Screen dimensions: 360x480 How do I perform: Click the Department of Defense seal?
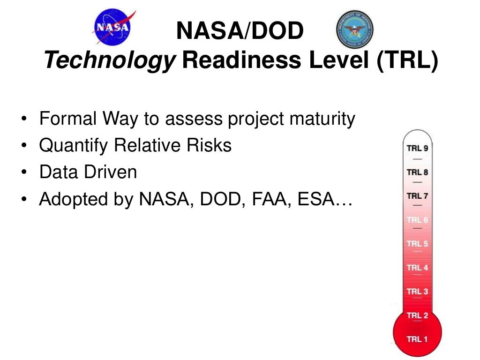[355, 29]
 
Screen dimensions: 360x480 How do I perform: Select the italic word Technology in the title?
[109, 61]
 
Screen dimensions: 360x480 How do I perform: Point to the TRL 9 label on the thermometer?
[417, 148]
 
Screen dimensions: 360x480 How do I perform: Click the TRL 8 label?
[417, 172]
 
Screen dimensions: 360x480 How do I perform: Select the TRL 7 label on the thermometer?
[417, 196]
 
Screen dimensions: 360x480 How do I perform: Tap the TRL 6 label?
[417, 220]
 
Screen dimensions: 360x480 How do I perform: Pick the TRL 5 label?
[417, 244]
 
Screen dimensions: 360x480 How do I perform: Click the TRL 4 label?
[417, 268]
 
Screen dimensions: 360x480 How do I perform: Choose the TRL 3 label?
[417, 292]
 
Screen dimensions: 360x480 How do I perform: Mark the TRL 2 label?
[417, 315]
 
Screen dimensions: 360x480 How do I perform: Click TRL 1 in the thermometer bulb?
[417, 339]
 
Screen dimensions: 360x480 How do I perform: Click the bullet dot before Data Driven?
[24, 173]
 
